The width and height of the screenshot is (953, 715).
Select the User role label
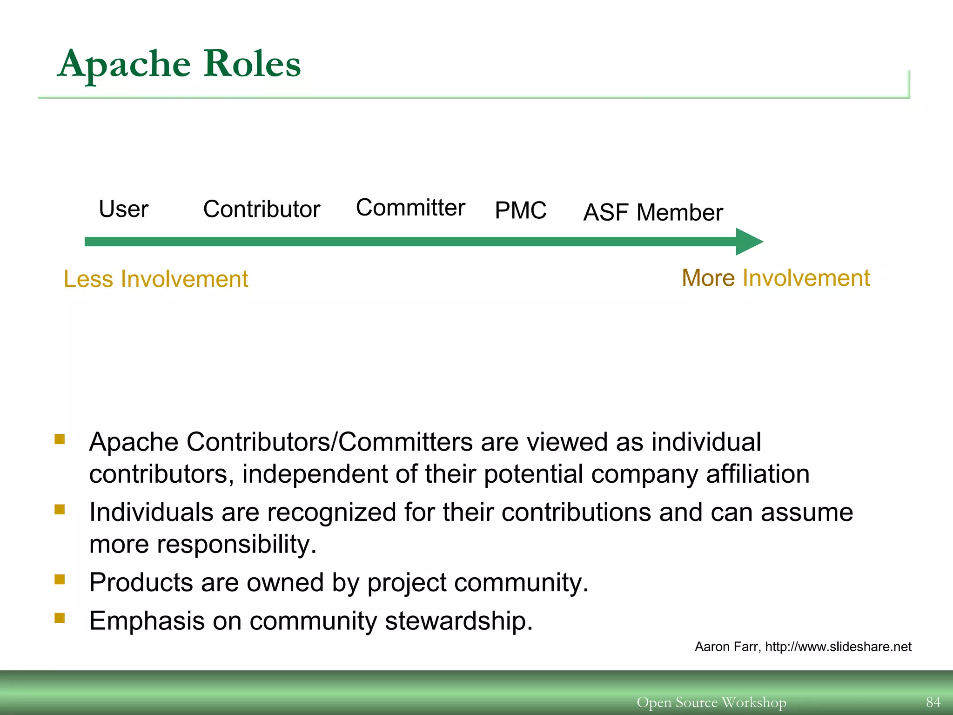pos(123,209)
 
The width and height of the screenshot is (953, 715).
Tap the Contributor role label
pos(262,209)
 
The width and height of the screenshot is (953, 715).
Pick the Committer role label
pos(410,208)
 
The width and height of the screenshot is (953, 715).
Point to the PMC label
pos(520,210)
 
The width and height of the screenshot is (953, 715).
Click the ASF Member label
pos(653,213)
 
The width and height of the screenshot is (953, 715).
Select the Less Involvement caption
pos(156,279)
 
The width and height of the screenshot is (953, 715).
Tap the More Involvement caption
pos(775,278)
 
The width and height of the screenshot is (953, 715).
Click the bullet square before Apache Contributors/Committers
pos(60,439)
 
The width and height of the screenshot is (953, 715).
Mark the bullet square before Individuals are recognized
pos(60,509)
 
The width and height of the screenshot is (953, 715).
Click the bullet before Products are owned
pos(60,579)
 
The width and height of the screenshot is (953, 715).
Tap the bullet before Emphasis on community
pos(60,618)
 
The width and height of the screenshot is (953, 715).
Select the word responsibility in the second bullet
pos(237,544)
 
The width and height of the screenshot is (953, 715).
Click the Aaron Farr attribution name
pos(726,647)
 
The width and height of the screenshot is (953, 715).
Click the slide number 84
pos(933,702)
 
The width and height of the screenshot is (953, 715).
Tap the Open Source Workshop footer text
pos(711,702)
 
